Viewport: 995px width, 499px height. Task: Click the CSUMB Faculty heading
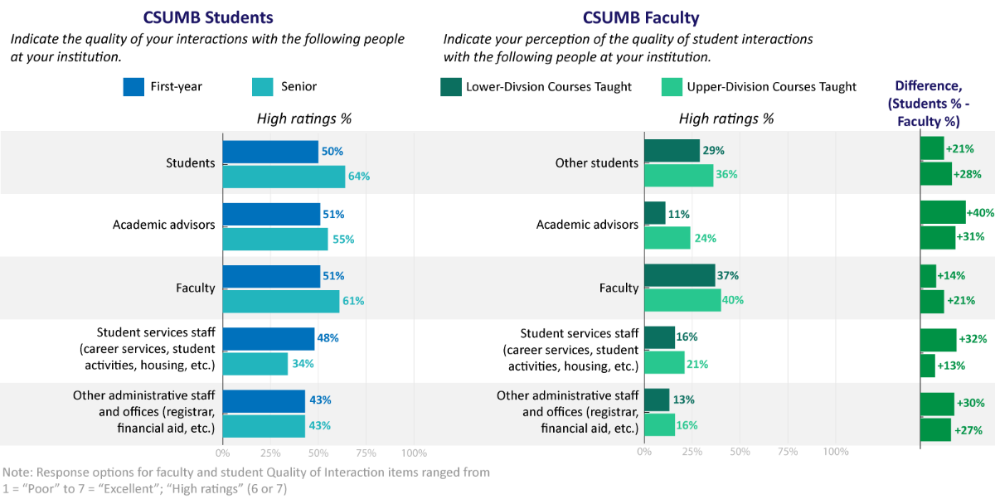[641, 18]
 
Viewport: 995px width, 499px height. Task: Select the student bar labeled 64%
[284, 177]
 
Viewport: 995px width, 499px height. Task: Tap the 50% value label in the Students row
[332, 152]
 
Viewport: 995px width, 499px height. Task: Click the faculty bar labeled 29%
[672, 151]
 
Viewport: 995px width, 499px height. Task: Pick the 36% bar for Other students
[678, 175]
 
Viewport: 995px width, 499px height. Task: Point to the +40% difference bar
[943, 212]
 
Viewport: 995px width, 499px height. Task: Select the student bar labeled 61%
[280, 301]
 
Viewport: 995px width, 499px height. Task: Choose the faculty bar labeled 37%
[679, 275]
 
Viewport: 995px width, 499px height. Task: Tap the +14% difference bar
[928, 275]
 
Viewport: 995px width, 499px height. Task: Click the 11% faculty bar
[654, 213]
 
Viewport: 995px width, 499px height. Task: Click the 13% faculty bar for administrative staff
[656, 400]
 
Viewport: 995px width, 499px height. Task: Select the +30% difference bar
[937, 404]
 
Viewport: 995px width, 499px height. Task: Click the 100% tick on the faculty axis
[835, 453]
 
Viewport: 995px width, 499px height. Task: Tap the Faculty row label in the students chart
[195, 288]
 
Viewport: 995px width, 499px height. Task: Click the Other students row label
[596, 163]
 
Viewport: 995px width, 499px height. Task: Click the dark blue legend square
[133, 87]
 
